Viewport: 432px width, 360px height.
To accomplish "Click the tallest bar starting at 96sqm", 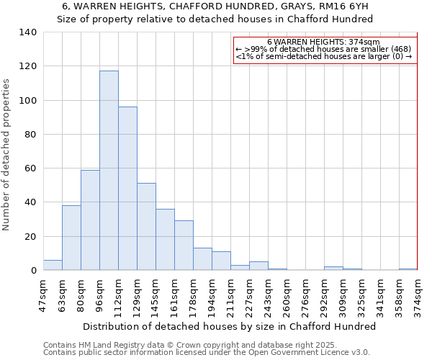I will (109, 171).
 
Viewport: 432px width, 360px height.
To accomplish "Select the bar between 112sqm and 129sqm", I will (127, 189).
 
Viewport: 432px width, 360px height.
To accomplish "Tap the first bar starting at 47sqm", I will (53, 265).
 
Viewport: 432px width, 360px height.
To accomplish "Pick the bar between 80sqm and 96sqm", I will (90, 220).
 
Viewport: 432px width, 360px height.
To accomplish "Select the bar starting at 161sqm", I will (184, 246).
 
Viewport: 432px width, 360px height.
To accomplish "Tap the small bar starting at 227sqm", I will (258, 266).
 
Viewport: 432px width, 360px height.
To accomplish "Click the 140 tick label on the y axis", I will (28, 32).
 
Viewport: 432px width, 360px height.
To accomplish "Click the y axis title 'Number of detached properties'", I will (7, 155).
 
